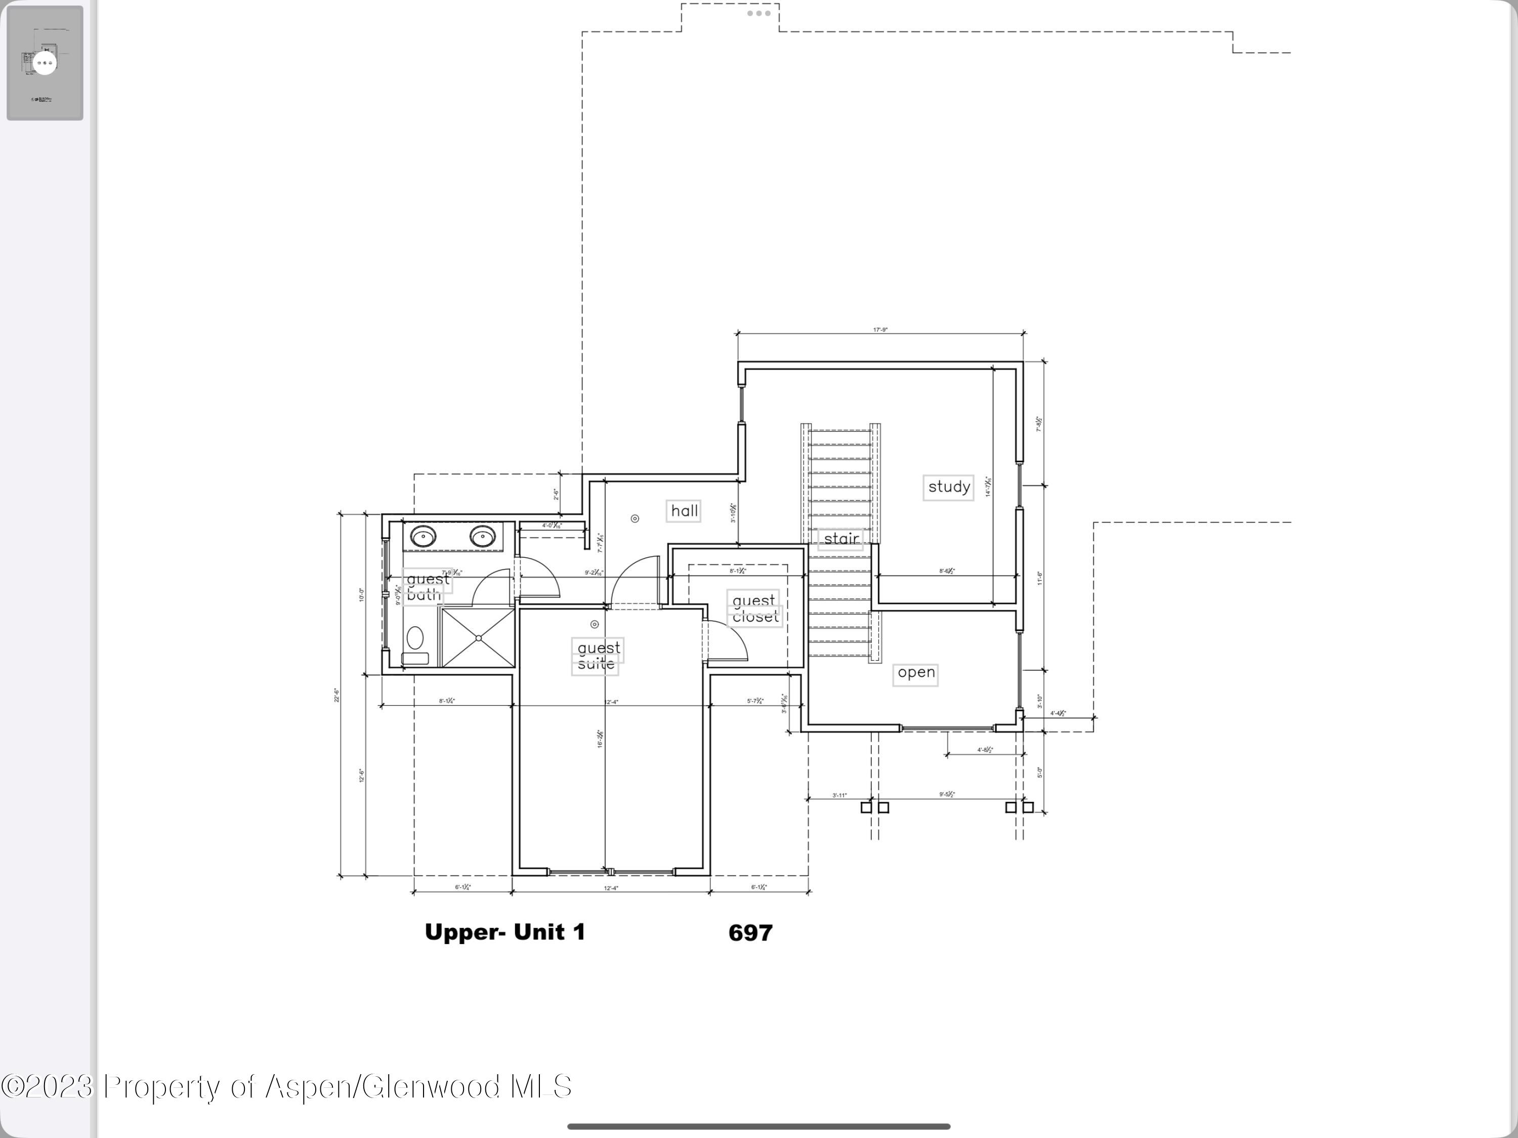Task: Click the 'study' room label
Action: click(948, 487)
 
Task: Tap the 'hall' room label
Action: click(684, 511)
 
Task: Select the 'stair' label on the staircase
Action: click(840, 539)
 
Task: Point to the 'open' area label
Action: click(915, 673)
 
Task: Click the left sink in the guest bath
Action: click(423, 536)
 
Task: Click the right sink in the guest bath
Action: click(482, 536)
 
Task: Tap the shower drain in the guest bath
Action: click(478, 638)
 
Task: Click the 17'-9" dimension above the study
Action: click(880, 330)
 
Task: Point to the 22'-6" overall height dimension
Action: click(337, 695)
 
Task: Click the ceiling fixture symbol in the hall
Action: click(635, 519)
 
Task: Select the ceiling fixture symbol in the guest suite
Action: click(595, 625)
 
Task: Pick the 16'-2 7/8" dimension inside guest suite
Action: click(600, 739)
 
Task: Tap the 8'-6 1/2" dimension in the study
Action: click(946, 571)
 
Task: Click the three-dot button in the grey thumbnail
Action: click(45, 63)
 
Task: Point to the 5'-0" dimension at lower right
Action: click(1040, 772)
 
